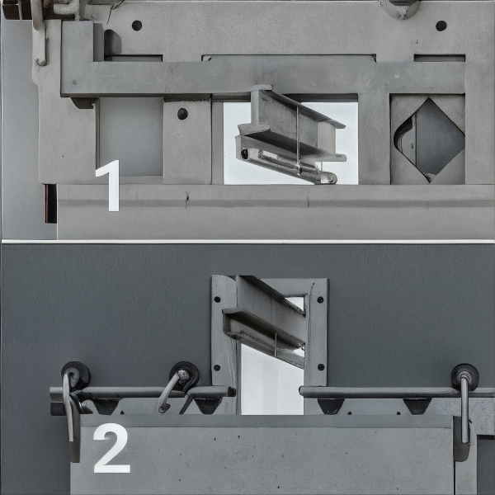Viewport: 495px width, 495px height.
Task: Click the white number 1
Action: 110,186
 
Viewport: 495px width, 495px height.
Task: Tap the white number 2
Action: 111,448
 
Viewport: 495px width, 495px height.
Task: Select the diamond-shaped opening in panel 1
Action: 429,140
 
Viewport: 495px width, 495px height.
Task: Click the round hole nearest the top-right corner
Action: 441,26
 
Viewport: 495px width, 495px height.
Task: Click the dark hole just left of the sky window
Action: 182,114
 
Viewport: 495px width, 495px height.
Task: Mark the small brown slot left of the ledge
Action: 50,204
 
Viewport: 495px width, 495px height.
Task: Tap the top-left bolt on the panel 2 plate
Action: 217,299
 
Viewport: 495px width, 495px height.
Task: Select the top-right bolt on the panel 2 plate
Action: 320,299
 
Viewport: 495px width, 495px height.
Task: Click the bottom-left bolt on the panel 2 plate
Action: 217,367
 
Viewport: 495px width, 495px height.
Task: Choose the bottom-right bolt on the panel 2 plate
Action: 321,367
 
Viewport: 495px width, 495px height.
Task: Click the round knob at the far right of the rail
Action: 464,377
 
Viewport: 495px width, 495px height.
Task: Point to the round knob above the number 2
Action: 76,375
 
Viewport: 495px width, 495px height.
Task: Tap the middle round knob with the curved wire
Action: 184,376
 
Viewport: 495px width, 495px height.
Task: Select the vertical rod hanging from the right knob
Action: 464,409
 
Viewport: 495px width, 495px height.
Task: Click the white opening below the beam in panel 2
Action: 272,379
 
